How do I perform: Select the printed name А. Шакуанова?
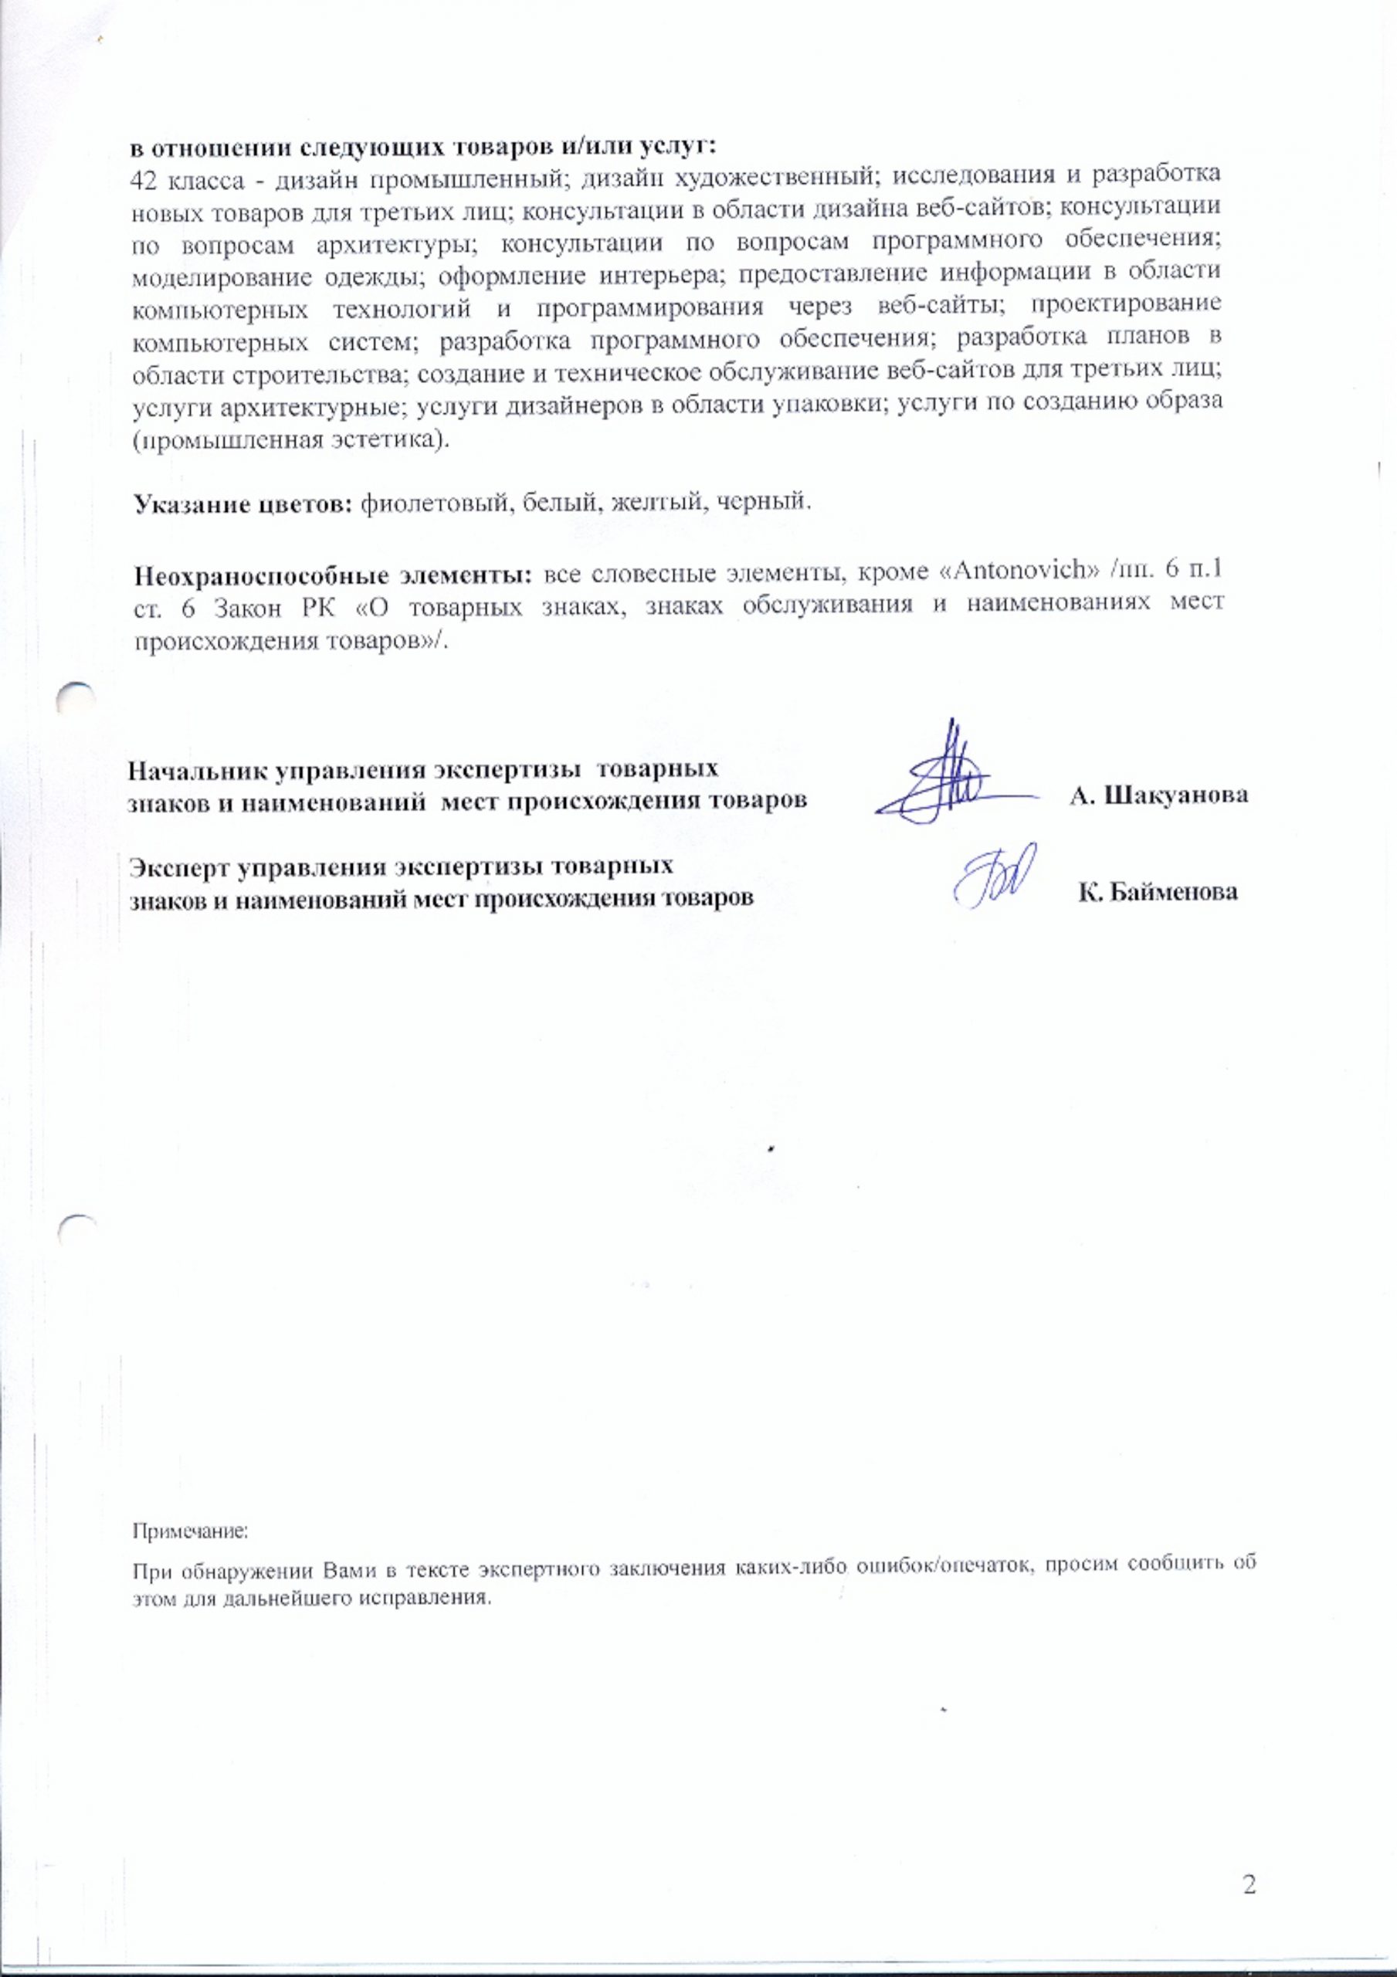1158,795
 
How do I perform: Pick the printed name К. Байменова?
1158,893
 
